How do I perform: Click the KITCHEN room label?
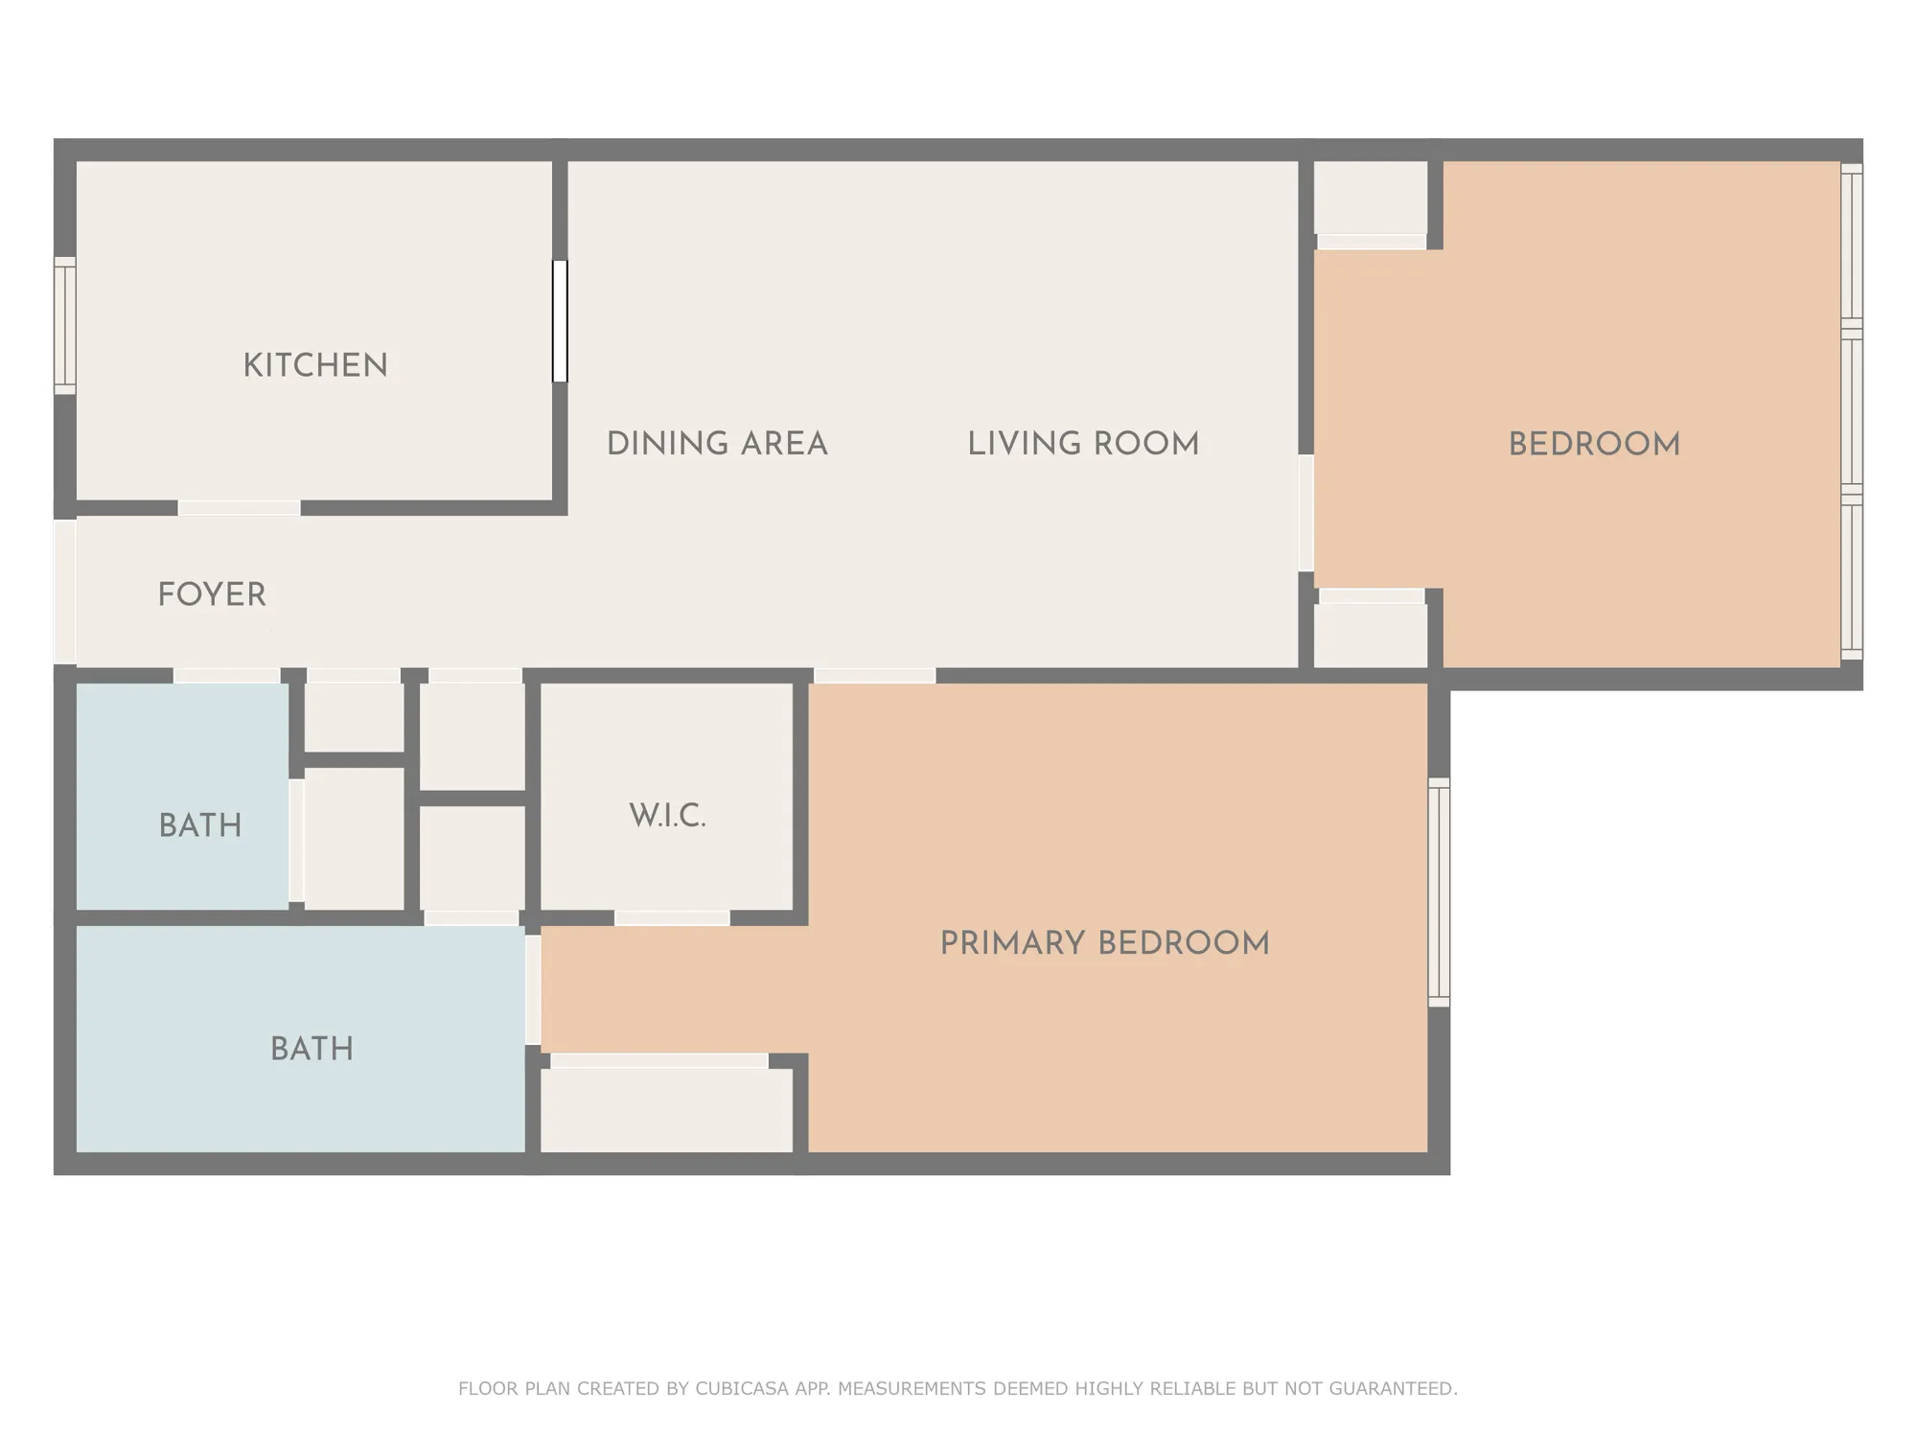(315, 365)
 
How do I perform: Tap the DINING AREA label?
(717, 444)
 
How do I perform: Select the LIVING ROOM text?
(1083, 444)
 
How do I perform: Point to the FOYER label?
(212, 594)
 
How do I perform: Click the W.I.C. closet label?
(668, 817)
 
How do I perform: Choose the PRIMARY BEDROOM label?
(1104, 943)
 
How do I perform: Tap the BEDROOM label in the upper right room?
(1594, 445)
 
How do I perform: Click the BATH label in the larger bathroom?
(312, 1049)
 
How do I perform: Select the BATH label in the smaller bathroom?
(200, 825)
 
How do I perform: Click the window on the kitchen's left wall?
(64, 325)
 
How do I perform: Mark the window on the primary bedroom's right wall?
(1439, 892)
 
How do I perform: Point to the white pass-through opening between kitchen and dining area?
(560, 321)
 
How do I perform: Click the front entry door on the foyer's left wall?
(64, 591)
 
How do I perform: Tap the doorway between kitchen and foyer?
(240, 508)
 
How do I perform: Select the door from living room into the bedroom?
(1305, 514)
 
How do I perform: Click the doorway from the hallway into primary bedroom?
(874, 676)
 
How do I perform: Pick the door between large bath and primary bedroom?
(533, 990)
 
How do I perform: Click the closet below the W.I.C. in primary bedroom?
(667, 1110)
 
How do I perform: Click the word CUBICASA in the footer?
(742, 1388)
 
